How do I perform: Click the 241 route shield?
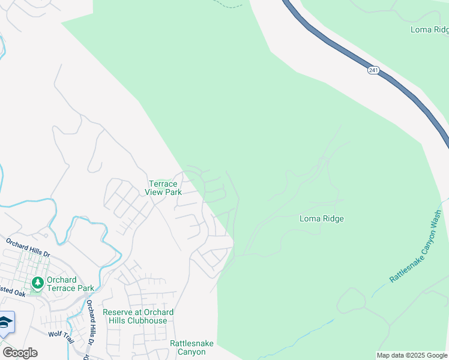click(373, 71)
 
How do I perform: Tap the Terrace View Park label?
click(163, 188)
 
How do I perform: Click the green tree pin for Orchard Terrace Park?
click(37, 282)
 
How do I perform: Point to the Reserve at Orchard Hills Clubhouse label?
click(139, 316)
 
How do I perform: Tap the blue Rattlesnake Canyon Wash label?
click(415, 246)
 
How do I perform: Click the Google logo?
click(20, 353)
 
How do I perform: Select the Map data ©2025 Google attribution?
click(411, 355)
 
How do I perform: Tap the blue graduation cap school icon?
click(5, 323)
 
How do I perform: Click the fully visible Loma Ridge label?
click(322, 219)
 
